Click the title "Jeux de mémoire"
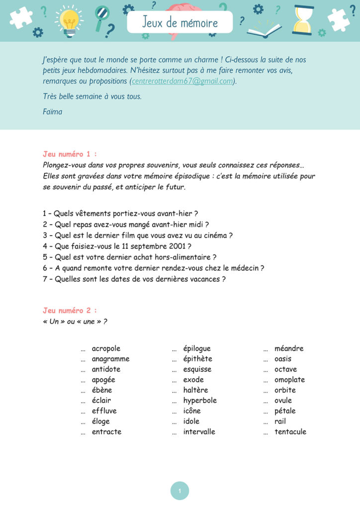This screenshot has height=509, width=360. [180, 22]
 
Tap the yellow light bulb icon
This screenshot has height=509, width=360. [69, 21]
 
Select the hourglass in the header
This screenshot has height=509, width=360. [303, 20]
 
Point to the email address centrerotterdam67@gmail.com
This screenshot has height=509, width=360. [182, 81]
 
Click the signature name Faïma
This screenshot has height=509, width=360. [53, 111]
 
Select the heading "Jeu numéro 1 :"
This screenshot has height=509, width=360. [70, 154]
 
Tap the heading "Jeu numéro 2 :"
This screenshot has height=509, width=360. [70, 310]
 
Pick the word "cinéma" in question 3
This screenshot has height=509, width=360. [215, 235]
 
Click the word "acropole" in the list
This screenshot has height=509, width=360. [106, 348]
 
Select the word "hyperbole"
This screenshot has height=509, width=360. [200, 401]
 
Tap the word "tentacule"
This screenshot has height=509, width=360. [290, 431]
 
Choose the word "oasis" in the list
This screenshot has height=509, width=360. [283, 359]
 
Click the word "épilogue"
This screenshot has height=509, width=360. [197, 348]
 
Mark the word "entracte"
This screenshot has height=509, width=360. [106, 431]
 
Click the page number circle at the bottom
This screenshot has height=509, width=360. [180, 491]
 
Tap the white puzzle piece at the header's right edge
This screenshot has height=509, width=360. [338, 20]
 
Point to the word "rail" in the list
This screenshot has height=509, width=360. [280, 422]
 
